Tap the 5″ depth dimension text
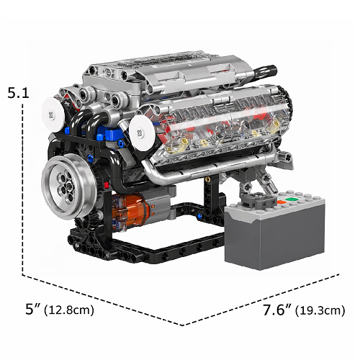point(33,310)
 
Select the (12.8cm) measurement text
point(69,311)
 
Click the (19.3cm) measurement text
point(318,311)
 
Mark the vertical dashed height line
point(23,187)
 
